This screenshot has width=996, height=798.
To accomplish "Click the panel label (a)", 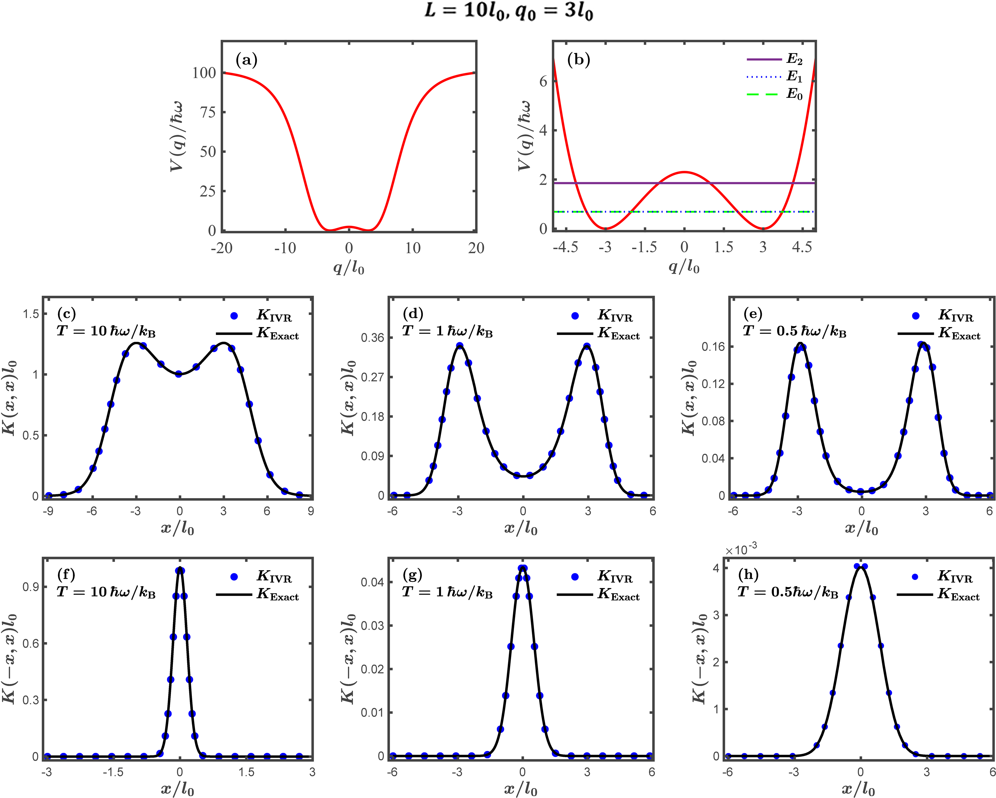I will [246, 60].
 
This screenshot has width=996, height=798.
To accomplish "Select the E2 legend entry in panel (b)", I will [775, 59].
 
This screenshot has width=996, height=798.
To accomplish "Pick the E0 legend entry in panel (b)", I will [775, 95].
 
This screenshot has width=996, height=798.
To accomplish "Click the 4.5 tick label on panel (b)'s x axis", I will [802, 247].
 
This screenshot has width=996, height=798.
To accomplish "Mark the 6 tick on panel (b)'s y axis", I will [543, 81].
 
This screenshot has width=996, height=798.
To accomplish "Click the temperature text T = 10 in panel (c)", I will [106, 331].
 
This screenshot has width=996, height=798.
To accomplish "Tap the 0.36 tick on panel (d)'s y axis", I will [372, 338].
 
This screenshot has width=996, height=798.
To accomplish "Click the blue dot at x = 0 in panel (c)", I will [179, 374].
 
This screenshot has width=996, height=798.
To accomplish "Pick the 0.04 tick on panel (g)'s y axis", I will [372, 583].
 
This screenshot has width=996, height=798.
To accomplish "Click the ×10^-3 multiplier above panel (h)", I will [741, 550].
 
